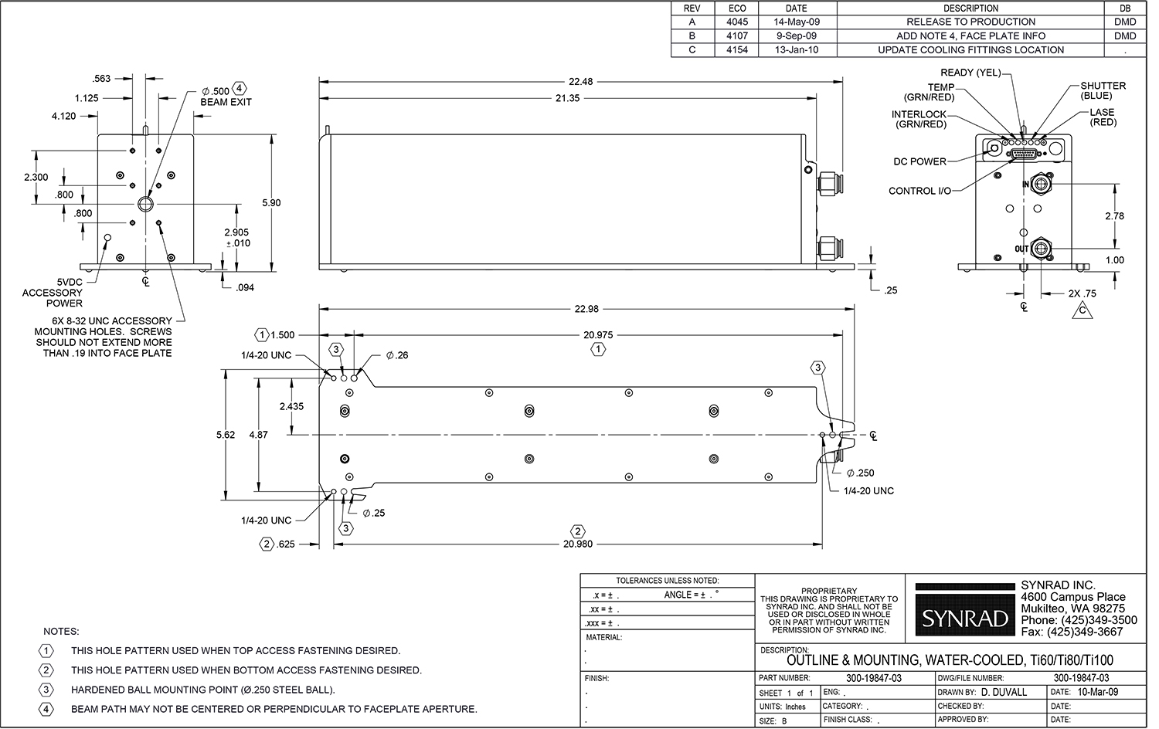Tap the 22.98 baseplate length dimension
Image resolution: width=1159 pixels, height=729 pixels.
click(586, 309)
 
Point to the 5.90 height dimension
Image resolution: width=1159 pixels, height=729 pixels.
click(271, 202)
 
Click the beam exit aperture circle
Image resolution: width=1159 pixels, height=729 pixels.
click(145, 204)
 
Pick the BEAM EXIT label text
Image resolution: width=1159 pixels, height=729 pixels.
click(226, 102)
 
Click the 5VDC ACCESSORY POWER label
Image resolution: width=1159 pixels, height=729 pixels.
click(53, 293)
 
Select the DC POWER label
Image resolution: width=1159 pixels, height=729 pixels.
click(919, 161)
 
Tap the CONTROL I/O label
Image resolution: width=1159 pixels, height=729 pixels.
click(919, 191)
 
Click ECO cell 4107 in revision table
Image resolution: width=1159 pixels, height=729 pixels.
click(737, 36)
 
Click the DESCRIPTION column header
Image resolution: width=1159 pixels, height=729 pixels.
click(970, 8)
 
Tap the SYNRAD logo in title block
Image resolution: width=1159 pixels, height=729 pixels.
click(966, 619)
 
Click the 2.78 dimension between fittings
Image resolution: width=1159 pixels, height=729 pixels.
click(1114, 216)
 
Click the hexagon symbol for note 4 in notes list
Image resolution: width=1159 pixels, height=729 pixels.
click(46, 708)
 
